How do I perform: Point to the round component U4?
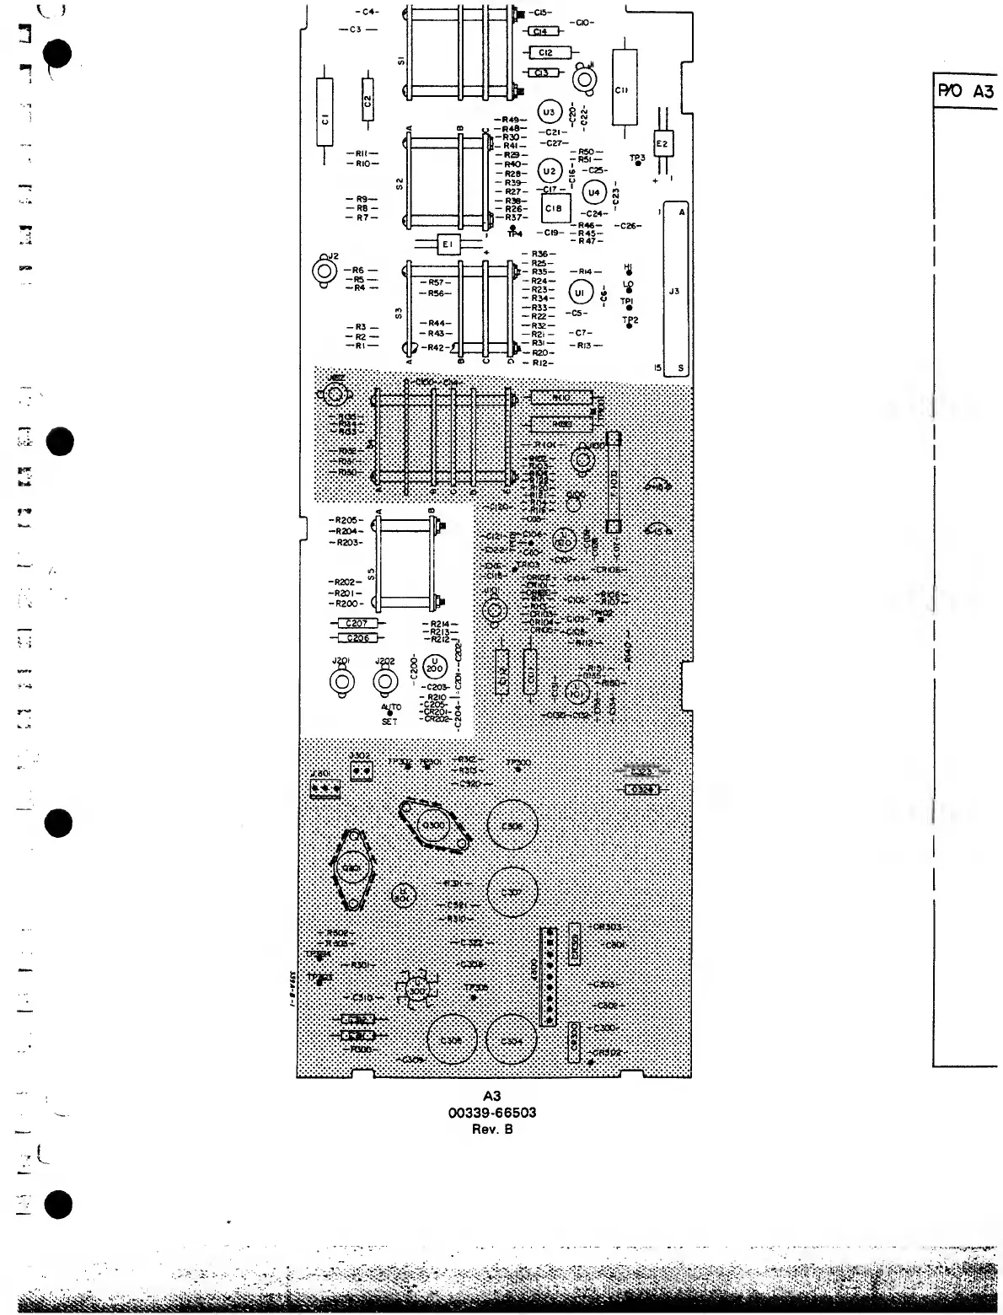(594, 192)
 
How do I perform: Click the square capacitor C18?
(554, 207)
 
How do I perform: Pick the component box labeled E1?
(448, 244)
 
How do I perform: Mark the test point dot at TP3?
(638, 165)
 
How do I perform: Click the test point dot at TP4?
(512, 228)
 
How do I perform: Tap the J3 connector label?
(673, 292)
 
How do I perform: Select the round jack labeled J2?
(323, 271)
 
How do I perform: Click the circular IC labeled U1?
(578, 292)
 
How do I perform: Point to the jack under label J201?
(341, 682)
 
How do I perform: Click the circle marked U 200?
(434, 665)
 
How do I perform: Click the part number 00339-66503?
(492, 1113)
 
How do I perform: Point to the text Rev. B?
(492, 1129)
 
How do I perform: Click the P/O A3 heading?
(966, 92)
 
